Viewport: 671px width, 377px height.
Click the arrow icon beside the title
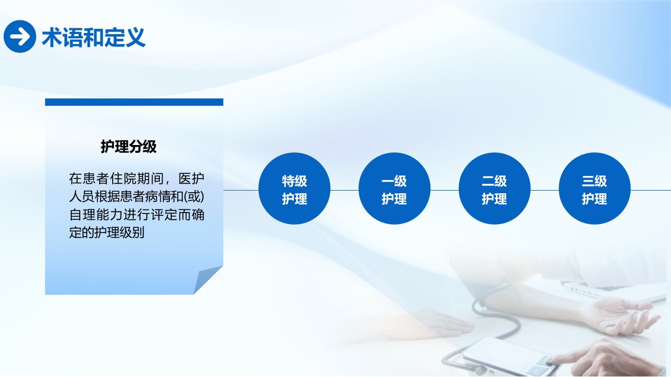(x=19, y=37)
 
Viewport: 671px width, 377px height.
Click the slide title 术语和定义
(x=93, y=37)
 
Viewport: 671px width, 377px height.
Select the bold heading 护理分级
(x=128, y=147)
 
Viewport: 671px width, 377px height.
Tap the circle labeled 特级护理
(x=294, y=189)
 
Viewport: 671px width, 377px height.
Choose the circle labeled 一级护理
(x=394, y=189)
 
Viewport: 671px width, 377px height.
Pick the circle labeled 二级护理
(x=494, y=189)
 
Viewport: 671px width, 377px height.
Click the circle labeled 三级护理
(x=594, y=189)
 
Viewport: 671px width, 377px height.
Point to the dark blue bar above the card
(x=134, y=102)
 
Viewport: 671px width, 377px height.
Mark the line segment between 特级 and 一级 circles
(x=344, y=190)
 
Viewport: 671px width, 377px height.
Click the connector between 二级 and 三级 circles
(x=545, y=190)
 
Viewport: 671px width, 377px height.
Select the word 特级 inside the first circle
(x=294, y=181)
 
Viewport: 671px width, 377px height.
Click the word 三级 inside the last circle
(x=594, y=181)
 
